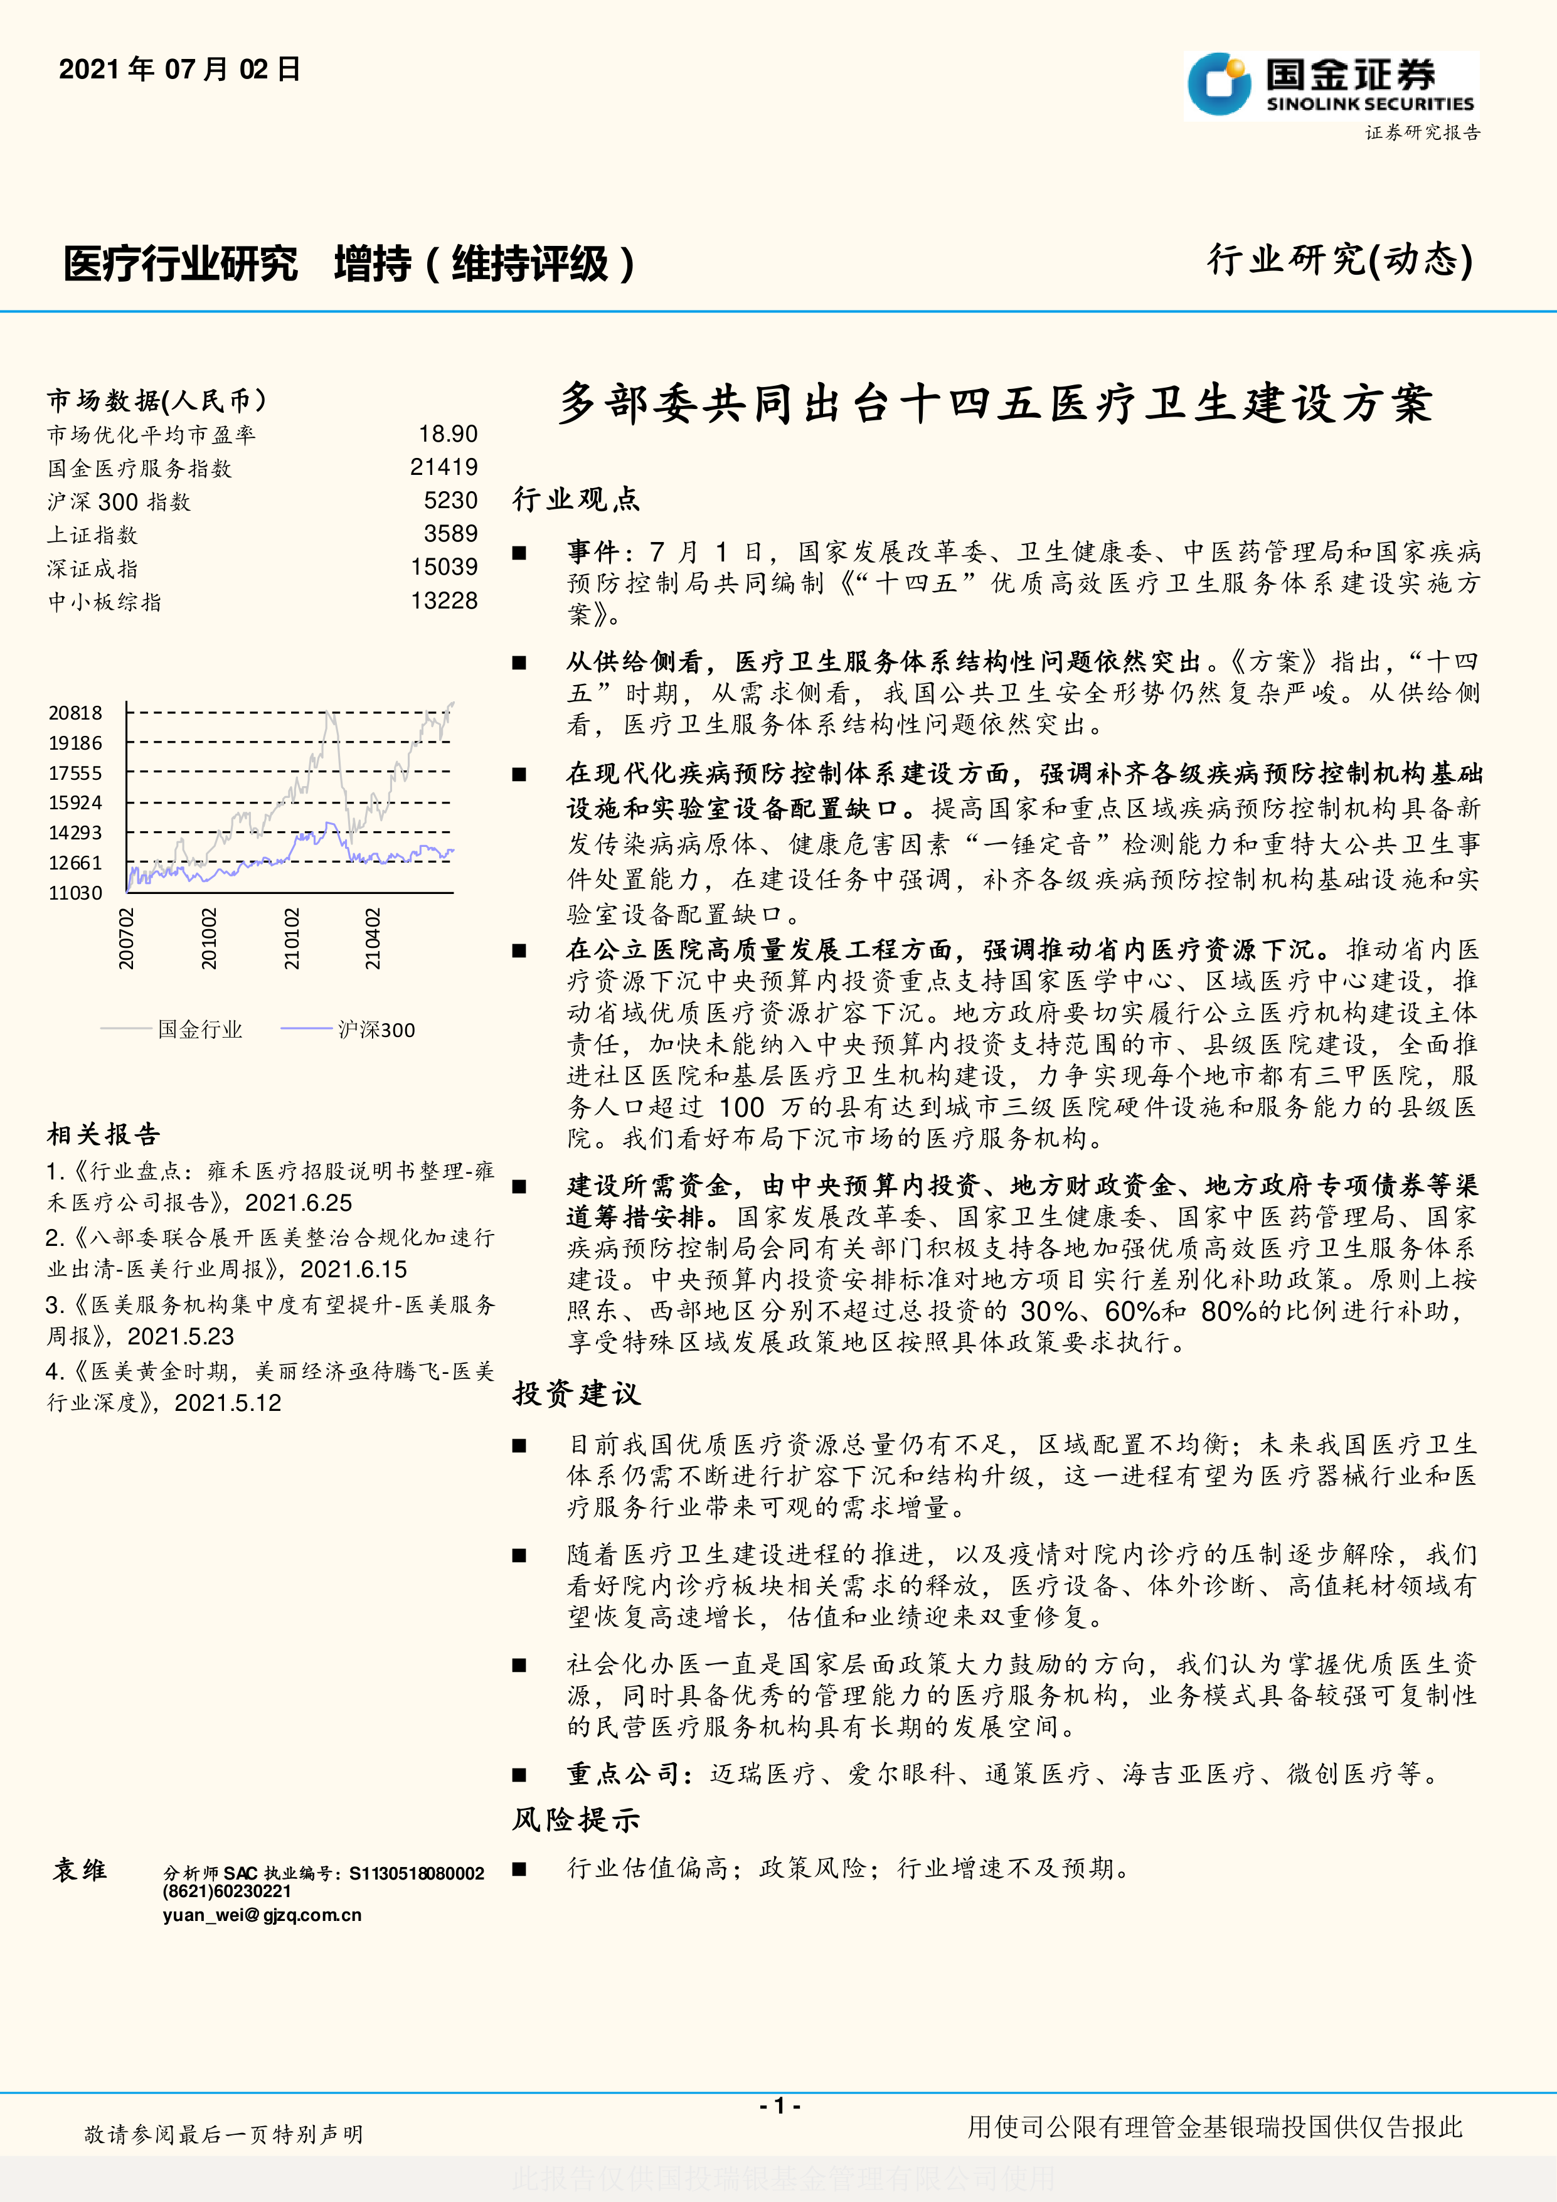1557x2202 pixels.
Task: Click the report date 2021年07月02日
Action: (x=179, y=69)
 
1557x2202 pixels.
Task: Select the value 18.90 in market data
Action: (x=448, y=435)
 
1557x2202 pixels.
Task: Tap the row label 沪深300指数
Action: (x=119, y=502)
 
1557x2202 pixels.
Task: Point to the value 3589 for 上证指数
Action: (x=450, y=535)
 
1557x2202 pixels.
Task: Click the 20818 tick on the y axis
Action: (x=75, y=713)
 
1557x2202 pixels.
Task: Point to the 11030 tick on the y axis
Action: (x=75, y=893)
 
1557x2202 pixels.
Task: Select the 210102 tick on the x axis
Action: (x=292, y=939)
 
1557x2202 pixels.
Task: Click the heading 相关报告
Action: (x=104, y=1135)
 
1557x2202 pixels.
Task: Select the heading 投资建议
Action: (x=577, y=1393)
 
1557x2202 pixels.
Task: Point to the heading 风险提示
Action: (x=577, y=1819)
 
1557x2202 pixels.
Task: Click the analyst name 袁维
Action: (x=80, y=1870)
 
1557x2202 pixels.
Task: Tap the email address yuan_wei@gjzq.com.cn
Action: (x=262, y=1915)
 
